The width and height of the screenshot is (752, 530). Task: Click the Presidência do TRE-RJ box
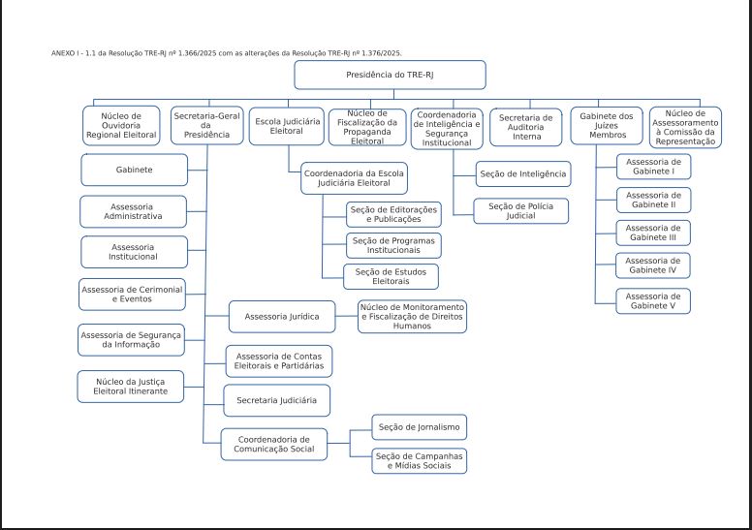[x=390, y=75]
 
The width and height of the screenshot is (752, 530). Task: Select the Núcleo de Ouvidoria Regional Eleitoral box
[x=121, y=126]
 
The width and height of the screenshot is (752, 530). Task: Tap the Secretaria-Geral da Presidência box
[x=206, y=126]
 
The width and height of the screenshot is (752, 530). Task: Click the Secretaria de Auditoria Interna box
[x=526, y=126]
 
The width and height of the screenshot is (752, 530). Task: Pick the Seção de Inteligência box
[x=522, y=174]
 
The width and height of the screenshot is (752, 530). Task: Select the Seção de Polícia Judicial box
[x=520, y=211]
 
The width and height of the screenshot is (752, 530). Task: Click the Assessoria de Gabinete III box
[x=652, y=233]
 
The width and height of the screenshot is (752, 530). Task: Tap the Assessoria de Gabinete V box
[x=652, y=301]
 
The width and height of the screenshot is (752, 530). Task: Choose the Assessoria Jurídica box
[x=282, y=317]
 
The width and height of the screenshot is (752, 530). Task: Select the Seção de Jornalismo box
[x=420, y=426]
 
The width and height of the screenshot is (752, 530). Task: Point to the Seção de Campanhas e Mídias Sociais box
[x=420, y=460]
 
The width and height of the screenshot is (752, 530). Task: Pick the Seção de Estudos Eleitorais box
[x=391, y=276]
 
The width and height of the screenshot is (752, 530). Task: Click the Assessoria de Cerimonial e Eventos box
[x=132, y=295]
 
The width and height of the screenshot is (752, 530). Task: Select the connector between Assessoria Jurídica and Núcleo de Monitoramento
[x=347, y=317]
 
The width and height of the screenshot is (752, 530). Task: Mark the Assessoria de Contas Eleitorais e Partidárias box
[x=279, y=361]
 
